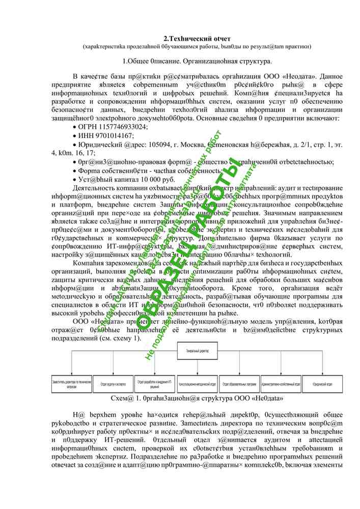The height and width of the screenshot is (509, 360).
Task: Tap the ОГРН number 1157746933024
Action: (125, 127)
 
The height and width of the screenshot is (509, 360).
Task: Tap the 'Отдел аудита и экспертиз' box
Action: (113, 382)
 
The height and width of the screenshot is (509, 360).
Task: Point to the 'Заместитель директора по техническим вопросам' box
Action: (71, 382)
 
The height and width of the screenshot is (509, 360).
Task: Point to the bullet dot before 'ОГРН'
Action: (75, 127)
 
